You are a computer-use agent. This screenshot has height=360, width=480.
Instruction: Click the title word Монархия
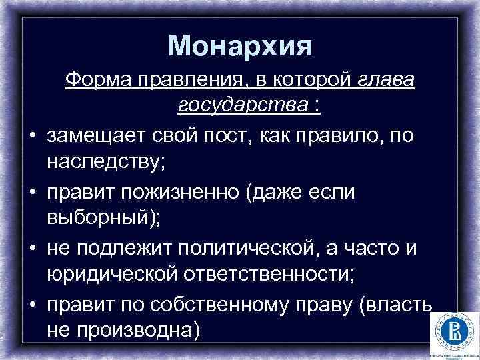tap(240, 45)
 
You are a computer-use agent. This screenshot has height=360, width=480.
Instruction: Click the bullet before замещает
tap(32, 135)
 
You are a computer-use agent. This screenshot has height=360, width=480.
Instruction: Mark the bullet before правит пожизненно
tap(32, 192)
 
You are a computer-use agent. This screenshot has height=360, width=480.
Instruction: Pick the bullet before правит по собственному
tap(32, 304)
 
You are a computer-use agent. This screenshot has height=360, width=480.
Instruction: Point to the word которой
tap(306, 81)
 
